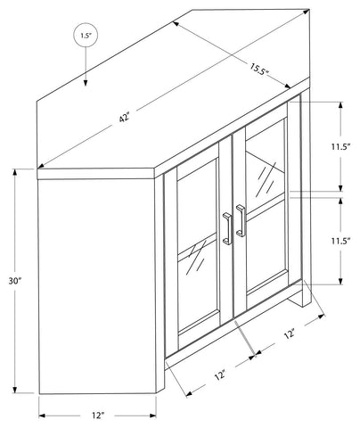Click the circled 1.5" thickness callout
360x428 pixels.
tap(86, 36)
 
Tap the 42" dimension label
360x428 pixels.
tap(125, 117)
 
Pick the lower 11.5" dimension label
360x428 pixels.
tap(341, 241)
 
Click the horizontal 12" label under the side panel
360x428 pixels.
tap(98, 416)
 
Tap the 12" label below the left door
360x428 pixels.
tap(220, 375)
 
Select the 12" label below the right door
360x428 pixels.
tap(290, 333)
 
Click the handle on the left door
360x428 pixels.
tap(227, 228)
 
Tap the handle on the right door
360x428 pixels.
tap(241, 220)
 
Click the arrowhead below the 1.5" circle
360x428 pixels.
tap(86, 83)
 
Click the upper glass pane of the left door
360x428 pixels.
tap(198, 205)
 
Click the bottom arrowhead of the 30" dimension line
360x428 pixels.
tap(15, 390)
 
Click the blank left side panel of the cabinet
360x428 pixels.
tap(97, 286)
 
